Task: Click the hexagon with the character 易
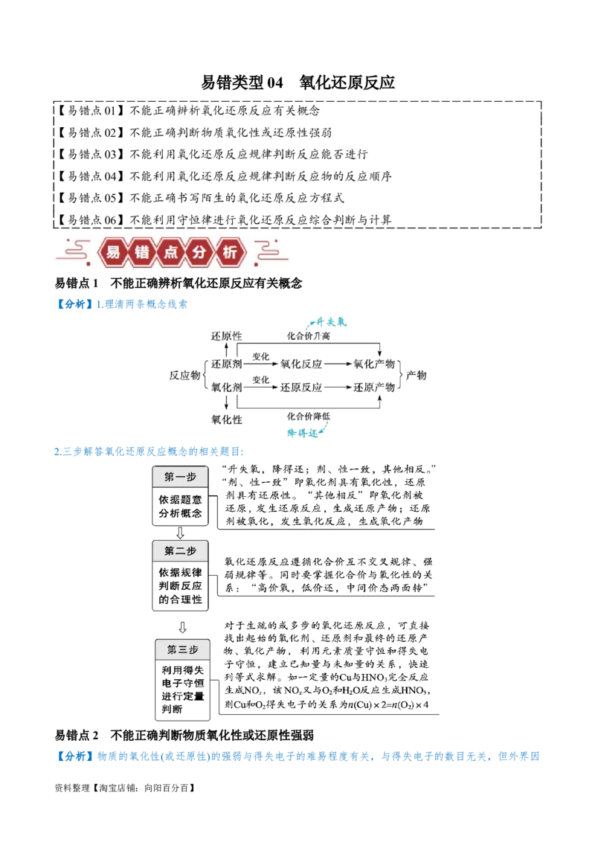[113, 252]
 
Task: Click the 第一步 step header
[180, 477]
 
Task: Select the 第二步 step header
[180, 551]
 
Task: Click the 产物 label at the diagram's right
[417, 376]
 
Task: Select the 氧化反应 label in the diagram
[301, 364]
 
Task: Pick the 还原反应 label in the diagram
[301, 388]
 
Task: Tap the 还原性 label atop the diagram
[225, 336]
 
